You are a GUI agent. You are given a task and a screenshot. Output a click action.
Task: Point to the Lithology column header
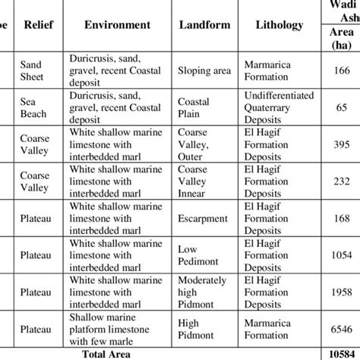coord(279,24)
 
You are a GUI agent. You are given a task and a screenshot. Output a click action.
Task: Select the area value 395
coord(340,145)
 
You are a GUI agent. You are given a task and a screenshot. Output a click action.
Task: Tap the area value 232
coord(340,182)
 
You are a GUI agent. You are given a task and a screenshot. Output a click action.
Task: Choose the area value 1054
coord(340,256)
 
